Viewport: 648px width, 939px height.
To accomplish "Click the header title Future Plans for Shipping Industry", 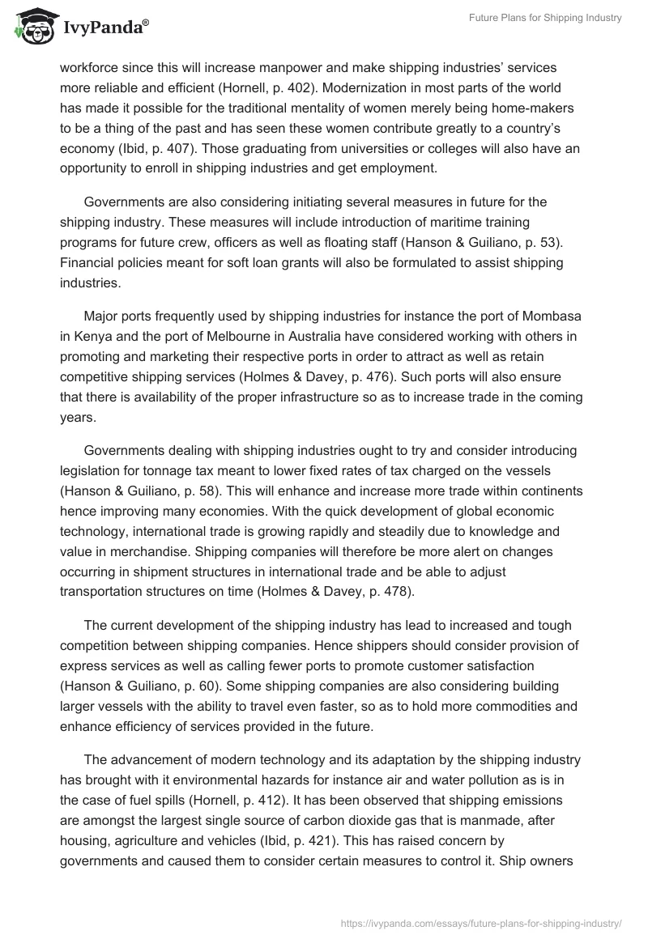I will (546, 19).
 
